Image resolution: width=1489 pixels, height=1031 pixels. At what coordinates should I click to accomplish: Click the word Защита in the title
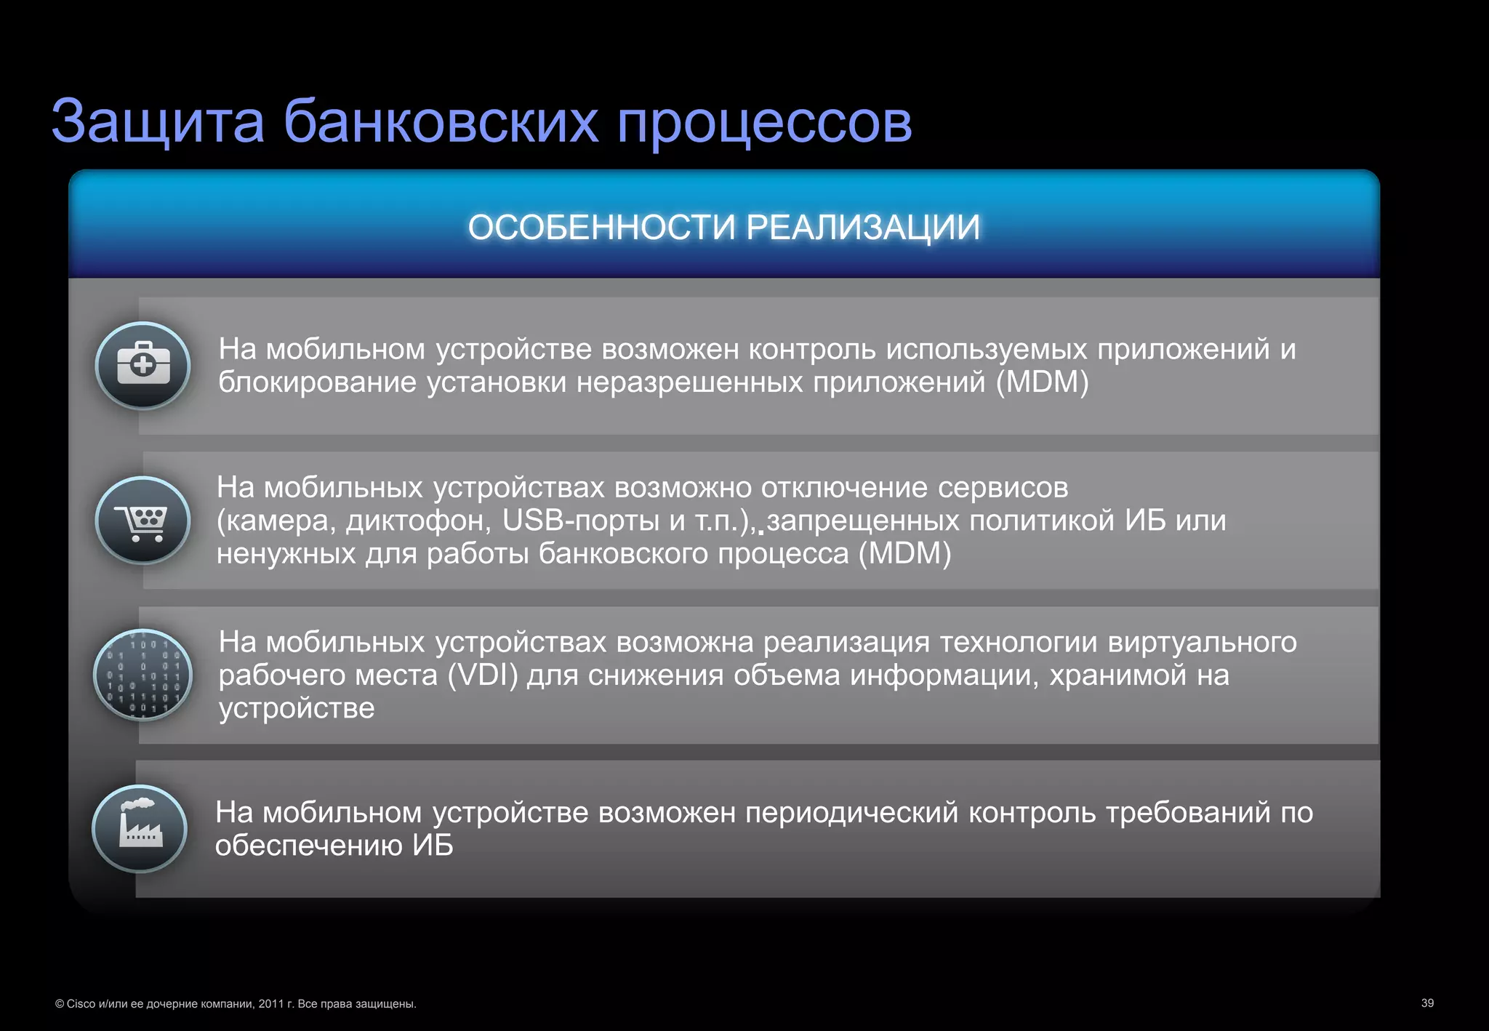tap(158, 122)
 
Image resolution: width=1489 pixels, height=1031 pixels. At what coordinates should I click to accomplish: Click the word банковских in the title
tap(441, 122)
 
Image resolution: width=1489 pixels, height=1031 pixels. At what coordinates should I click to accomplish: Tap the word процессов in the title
tap(764, 122)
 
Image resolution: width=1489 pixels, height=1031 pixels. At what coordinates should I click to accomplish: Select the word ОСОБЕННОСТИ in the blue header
tap(601, 228)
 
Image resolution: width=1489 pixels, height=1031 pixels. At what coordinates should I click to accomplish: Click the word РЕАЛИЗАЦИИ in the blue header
tap(863, 228)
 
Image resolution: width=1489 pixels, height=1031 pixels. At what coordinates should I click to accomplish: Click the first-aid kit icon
tap(143, 365)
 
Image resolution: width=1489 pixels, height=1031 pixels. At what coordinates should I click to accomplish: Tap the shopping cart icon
tap(143, 521)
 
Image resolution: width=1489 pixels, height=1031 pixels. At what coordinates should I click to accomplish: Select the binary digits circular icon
tap(143, 675)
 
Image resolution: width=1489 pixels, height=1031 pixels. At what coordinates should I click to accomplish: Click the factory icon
tap(140, 829)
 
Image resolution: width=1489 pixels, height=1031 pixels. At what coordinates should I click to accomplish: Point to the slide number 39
tap(1427, 1003)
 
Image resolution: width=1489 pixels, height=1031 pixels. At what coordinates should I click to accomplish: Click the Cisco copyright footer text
tap(236, 1004)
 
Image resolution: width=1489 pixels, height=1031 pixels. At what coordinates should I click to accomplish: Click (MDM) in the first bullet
tap(1042, 382)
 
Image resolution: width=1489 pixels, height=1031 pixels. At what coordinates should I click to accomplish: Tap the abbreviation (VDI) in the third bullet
tap(482, 675)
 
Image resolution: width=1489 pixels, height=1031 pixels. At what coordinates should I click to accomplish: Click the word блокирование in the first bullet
tap(317, 382)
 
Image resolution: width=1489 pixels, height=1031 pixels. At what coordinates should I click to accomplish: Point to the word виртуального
tap(1202, 642)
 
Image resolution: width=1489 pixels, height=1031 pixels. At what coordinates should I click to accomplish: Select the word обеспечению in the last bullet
tap(308, 846)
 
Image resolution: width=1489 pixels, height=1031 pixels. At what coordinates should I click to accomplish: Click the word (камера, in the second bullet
tap(276, 521)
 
